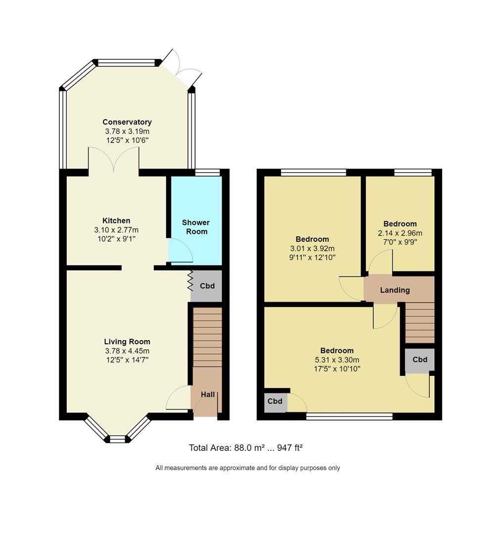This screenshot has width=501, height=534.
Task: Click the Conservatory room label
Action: point(127,122)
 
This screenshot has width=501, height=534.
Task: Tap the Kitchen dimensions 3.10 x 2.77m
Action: point(116,230)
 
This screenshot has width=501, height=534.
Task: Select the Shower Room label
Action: point(196,227)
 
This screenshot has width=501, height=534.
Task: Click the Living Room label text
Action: point(127,342)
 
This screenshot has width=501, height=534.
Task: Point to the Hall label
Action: point(208,395)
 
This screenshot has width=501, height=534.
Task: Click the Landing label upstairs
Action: point(395,290)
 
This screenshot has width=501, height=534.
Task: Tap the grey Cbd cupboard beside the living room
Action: point(207,286)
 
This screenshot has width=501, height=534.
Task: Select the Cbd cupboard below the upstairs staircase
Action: point(419,359)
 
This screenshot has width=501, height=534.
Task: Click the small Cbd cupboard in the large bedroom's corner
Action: point(275,401)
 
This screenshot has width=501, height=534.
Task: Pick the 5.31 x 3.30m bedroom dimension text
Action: point(337,359)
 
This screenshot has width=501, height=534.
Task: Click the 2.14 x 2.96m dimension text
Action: point(400,233)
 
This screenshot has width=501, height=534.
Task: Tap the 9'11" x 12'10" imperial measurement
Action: point(312,258)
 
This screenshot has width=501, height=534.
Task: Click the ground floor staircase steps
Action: point(207,337)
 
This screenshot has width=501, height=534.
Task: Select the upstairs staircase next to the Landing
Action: point(420,323)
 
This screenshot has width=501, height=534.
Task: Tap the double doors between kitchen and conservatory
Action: point(114,159)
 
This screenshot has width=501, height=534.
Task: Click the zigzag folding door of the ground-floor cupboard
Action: point(190,281)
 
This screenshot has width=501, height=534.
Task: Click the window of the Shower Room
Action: point(207,173)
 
